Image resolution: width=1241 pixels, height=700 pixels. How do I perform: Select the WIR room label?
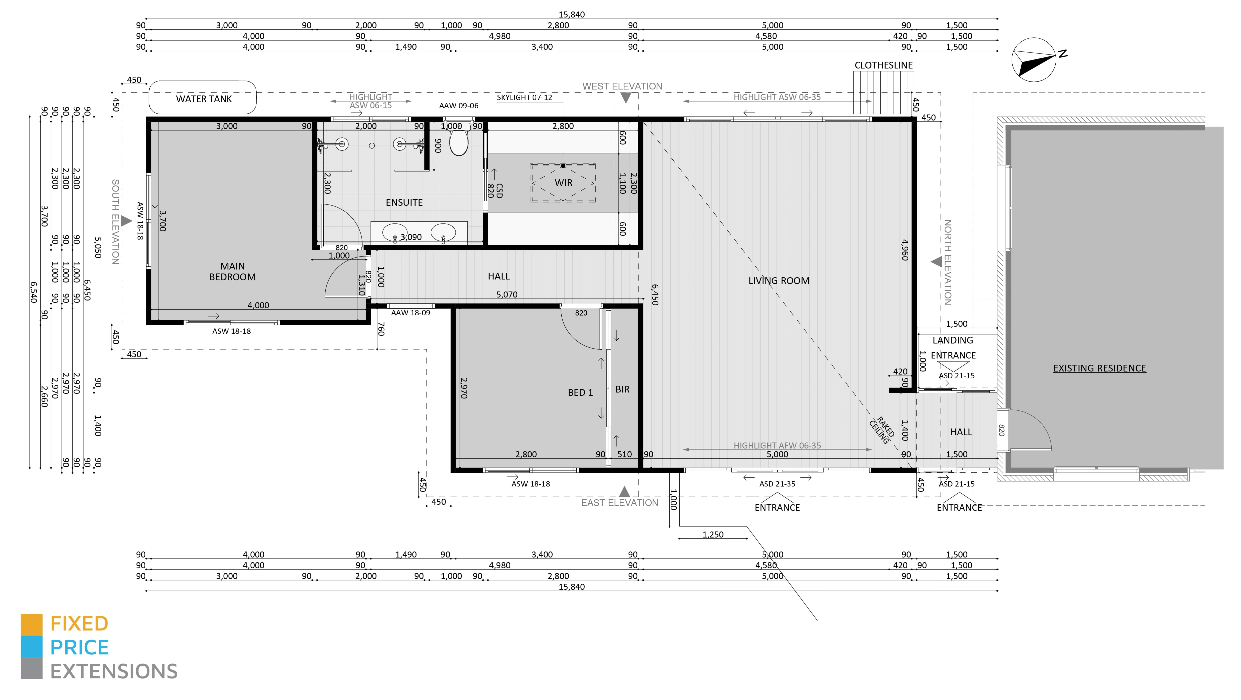pos(563,183)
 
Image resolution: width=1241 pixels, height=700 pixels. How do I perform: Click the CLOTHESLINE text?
pos(884,65)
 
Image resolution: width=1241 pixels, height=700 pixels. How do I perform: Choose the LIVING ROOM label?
pos(778,281)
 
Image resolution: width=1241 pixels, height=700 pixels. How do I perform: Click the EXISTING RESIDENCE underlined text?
pos(1099,368)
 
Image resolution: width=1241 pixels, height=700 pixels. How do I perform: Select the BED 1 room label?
pos(580,392)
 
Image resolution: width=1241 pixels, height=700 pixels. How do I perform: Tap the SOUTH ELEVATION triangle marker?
pos(126,221)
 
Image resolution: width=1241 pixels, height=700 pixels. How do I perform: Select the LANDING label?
pos(952,340)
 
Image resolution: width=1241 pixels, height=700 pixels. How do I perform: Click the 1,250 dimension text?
pos(713,534)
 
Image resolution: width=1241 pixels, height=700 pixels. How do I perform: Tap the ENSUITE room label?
pos(404,203)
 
